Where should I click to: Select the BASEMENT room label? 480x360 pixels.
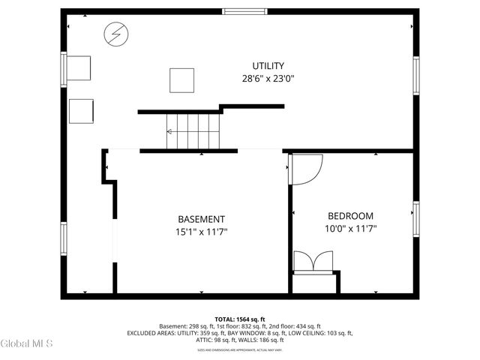196,219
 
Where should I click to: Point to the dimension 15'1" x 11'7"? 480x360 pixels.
196,232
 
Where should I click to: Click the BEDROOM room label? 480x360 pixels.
349,215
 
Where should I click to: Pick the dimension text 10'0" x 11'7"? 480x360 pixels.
349,228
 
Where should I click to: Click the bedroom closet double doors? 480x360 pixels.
313,262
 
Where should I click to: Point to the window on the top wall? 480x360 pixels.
244,11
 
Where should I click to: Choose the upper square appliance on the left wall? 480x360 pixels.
79,67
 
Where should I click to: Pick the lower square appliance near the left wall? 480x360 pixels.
81,111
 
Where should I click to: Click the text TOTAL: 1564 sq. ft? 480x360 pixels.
239,319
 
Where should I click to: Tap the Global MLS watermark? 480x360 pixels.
26,343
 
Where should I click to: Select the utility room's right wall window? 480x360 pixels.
416,76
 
